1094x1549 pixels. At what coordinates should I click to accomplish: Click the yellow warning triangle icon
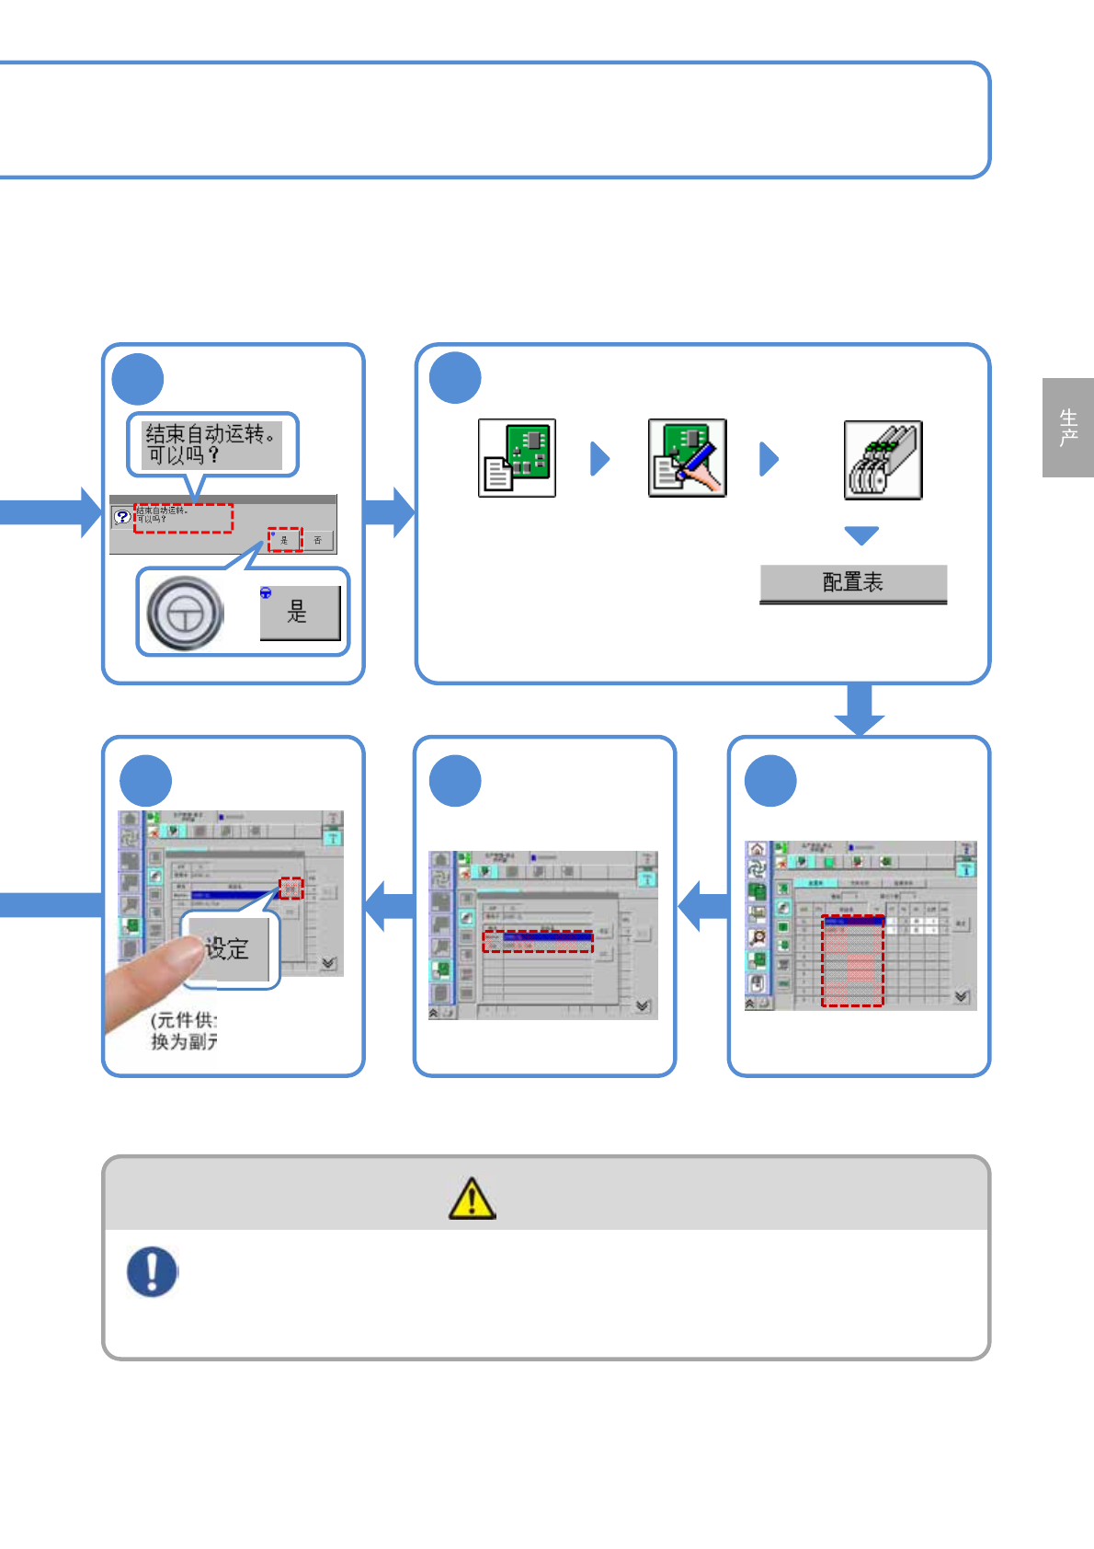(x=472, y=1198)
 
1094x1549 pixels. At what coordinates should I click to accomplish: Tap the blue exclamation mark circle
(x=152, y=1271)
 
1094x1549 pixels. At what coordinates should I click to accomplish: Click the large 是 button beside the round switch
(x=300, y=613)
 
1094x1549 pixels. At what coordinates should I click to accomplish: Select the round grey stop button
(x=185, y=614)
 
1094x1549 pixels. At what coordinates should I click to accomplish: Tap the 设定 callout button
(x=230, y=949)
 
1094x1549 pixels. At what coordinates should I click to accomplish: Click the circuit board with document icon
(x=517, y=458)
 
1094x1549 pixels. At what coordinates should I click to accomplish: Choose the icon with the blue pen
(x=687, y=458)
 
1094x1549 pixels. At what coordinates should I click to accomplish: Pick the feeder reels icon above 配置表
(x=883, y=460)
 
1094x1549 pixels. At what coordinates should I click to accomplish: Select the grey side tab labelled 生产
(x=1067, y=428)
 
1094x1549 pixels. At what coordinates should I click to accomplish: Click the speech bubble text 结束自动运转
(x=211, y=444)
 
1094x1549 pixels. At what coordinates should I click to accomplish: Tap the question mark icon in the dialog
(x=122, y=517)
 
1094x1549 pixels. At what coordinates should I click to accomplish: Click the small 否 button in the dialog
(x=318, y=540)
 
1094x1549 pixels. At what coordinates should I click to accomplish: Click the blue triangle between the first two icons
(x=599, y=458)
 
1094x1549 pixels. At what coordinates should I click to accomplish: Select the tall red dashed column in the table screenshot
(x=852, y=961)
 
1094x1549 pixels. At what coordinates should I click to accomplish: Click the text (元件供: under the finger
(x=184, y=1020)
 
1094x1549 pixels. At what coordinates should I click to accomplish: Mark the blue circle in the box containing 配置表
(x=455, y=378)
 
